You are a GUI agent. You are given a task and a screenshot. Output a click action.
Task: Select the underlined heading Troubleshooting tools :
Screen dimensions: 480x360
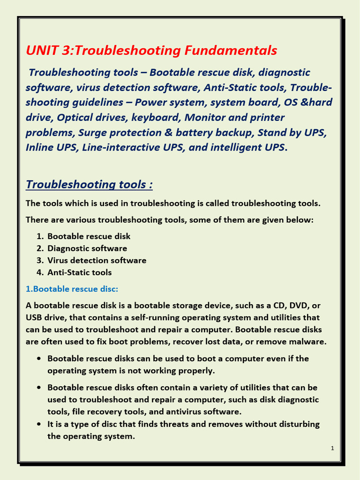(89, 184)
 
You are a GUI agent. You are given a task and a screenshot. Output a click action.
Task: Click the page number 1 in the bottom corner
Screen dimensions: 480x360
(332, 449)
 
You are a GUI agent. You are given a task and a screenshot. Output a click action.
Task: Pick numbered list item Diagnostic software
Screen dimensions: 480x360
(87, 248)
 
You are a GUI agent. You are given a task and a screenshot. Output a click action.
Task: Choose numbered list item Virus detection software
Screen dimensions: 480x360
(97, 260)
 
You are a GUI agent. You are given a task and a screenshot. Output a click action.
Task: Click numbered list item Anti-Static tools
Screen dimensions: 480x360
(79, 272)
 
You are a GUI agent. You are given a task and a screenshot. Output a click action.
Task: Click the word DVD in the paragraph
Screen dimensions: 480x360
(295, 305)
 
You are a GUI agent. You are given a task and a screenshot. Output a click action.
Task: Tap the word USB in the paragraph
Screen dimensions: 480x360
(35, 317)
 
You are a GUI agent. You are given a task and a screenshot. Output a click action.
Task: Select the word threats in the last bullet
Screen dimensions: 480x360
(202, 424)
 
